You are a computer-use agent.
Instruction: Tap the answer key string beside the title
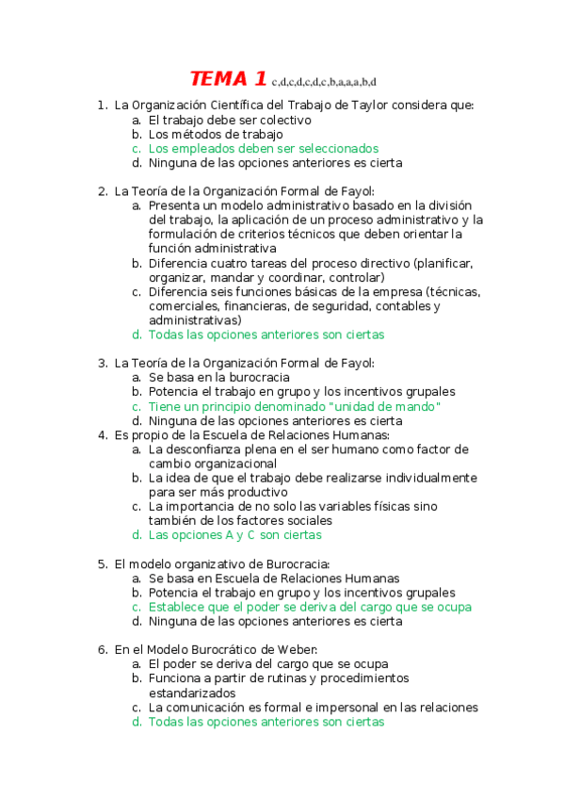[x=323, y=82]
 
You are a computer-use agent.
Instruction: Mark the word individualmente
[x=426, y=478]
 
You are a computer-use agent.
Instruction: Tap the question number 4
[x=102, y=435]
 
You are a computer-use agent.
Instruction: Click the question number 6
[x=102, y=650]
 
